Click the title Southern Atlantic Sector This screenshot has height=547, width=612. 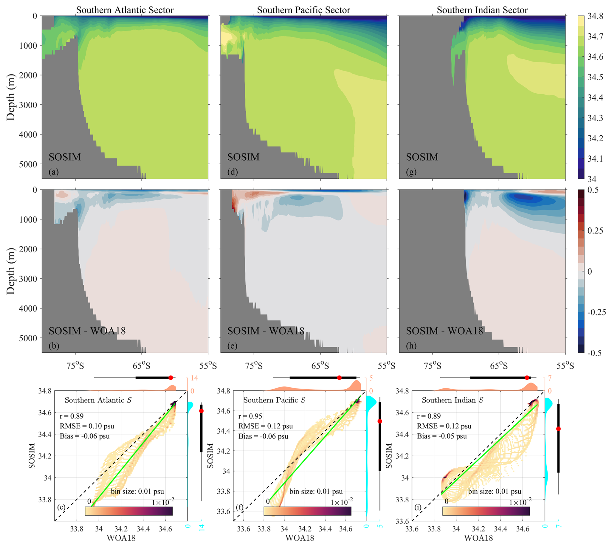125,10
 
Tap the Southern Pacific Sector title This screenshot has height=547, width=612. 303,10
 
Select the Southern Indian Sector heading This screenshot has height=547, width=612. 482,10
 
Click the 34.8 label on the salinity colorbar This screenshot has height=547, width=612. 595,16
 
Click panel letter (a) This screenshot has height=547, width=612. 54,172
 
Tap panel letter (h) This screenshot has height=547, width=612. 411,346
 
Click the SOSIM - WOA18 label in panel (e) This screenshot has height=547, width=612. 266,331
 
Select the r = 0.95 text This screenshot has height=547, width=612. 250,416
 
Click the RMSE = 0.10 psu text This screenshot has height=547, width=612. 87,426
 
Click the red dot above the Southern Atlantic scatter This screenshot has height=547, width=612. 170,378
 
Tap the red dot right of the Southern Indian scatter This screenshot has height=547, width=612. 558,429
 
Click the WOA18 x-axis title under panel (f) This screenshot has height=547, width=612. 300,538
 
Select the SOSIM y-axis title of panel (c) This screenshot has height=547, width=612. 32,456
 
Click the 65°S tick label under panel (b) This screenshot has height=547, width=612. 141,366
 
